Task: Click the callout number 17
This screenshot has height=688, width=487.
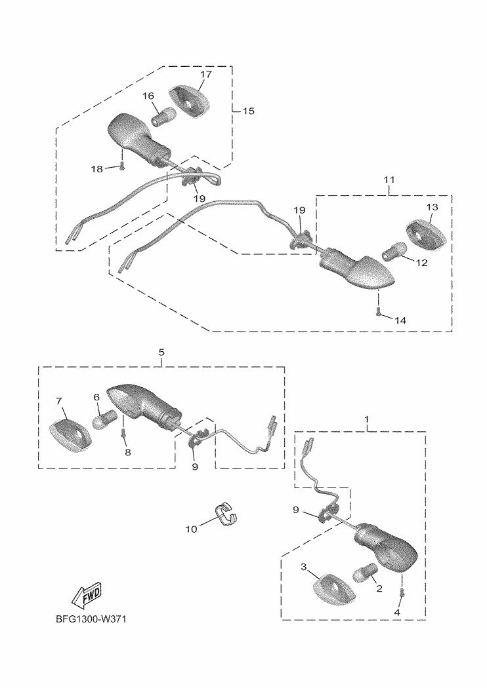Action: (206, 75)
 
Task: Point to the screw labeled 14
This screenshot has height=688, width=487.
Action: (379, 312)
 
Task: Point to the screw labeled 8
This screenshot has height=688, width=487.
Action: (123, 434)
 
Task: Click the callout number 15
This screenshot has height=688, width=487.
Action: (248, 111)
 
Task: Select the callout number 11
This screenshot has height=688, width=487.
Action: (389, 179)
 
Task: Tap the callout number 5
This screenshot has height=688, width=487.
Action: (161, 352)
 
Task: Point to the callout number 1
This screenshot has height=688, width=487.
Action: (366, 418)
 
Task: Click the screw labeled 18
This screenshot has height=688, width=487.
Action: (121, 166)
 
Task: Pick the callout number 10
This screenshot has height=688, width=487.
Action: (191, 529)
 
